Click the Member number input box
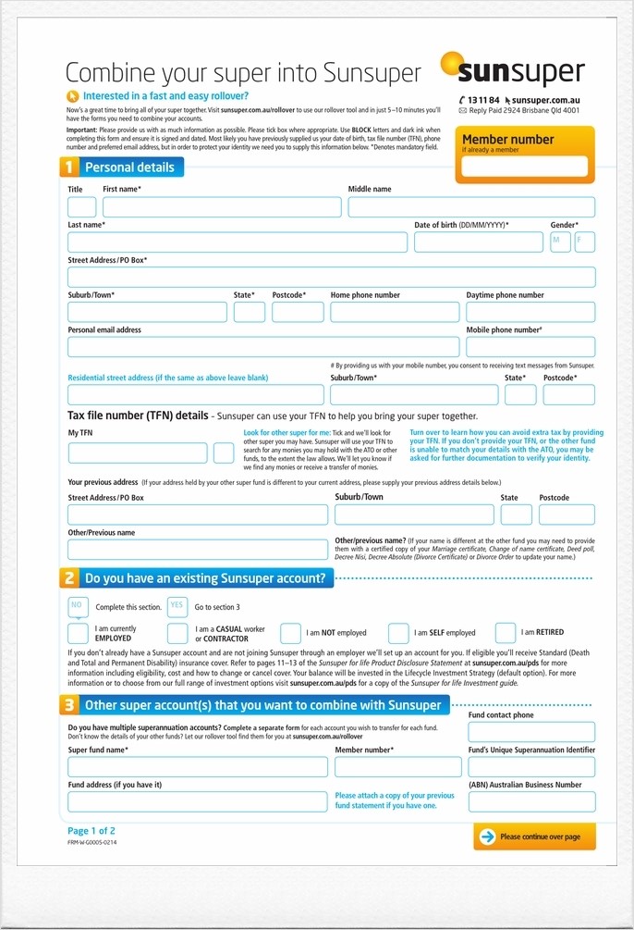tap(525, 167)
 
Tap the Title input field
tap(82, 207)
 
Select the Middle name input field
tap(471, 207)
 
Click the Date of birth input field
tap(479, 242)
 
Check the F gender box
tap(585, 242)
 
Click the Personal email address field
tap(263, 347)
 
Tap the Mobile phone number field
tap(530, 347)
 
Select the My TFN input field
tap(138, 453)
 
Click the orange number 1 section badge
tap(68, 167)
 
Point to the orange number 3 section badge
tap(68, 705)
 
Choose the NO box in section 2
tap(78, 607)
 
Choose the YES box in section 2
tap(177, 607)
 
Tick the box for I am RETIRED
tap(506, 633)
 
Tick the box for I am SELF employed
tap(398, 633)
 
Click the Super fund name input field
tap(198, 767)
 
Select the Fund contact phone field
tap(531, 732)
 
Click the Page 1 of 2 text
tap(91, 831)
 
